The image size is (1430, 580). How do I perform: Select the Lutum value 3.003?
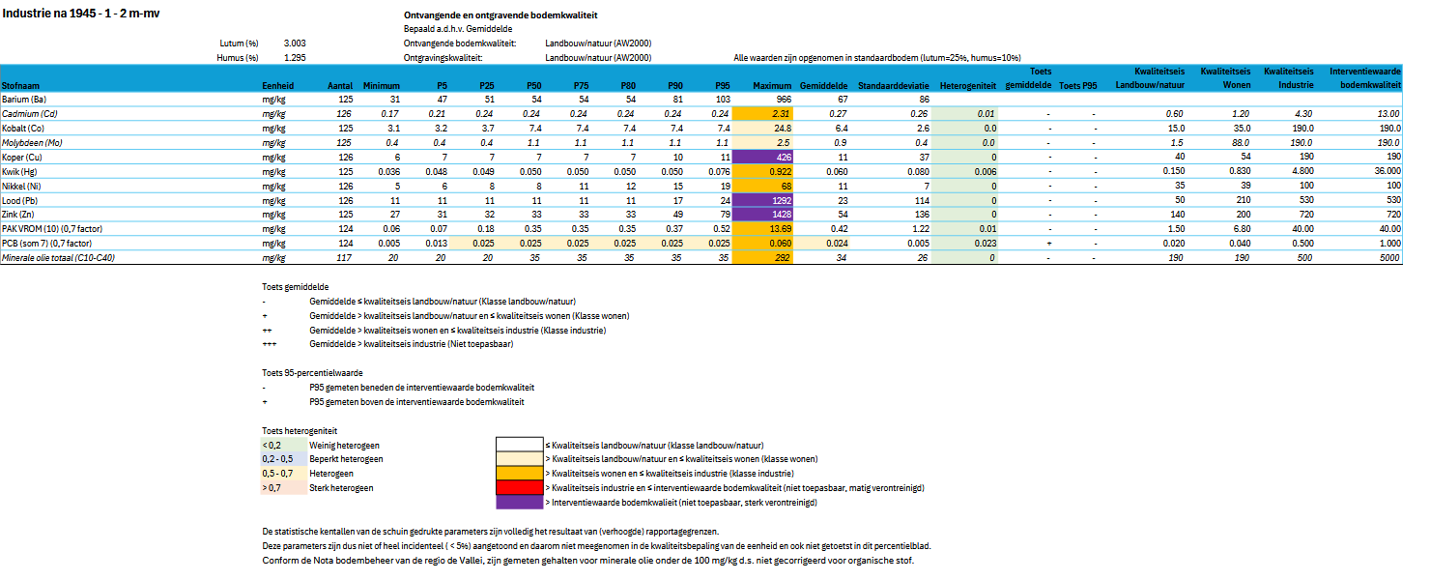click(295, 43)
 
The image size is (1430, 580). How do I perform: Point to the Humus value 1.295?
click(295, 58)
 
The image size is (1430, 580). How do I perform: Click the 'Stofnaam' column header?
click(20, 86)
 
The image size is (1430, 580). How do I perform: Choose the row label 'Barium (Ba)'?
click(25, 100)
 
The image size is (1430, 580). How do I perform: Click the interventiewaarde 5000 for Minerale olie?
click(1388, 258)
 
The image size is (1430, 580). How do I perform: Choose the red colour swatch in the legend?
click(519, 487)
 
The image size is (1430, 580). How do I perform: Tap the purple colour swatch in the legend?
click(519, 502)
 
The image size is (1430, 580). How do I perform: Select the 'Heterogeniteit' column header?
click(967, 86)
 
